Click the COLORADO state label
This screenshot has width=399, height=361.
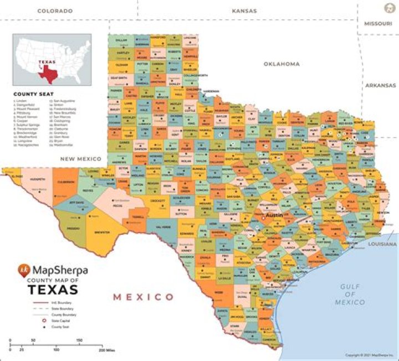tap(55, 11)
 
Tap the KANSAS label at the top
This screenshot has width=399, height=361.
tap(244, 11)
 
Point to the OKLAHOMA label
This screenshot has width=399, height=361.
tap(282, 64)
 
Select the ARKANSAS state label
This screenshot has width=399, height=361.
tap(380, 85)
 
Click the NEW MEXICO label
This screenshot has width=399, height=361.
tap(81, 159)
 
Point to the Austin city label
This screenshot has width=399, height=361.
tap(274, 216)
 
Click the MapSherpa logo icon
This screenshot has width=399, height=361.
tap(24, 271)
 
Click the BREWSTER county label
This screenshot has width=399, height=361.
tap(101, 233)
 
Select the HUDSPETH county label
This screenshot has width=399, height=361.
tap(38, 180)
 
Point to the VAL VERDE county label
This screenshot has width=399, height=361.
tap(163, 228)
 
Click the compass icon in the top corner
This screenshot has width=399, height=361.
tap(388, 7)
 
